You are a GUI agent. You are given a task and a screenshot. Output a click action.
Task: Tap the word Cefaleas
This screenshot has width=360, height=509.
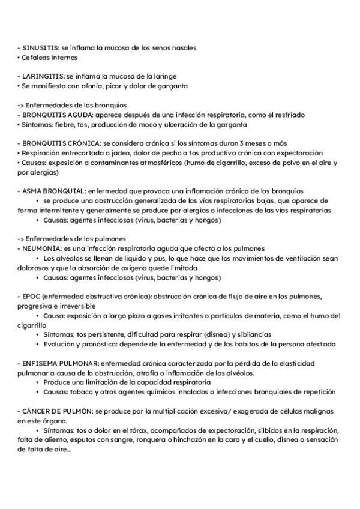pos(37,58)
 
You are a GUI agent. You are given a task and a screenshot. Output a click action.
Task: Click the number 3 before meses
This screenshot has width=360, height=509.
pos(241,143)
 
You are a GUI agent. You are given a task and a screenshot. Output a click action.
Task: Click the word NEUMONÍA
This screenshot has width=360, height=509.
pos(41,248)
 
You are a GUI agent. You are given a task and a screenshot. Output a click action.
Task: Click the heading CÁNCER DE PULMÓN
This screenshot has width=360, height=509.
pos(57,411)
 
